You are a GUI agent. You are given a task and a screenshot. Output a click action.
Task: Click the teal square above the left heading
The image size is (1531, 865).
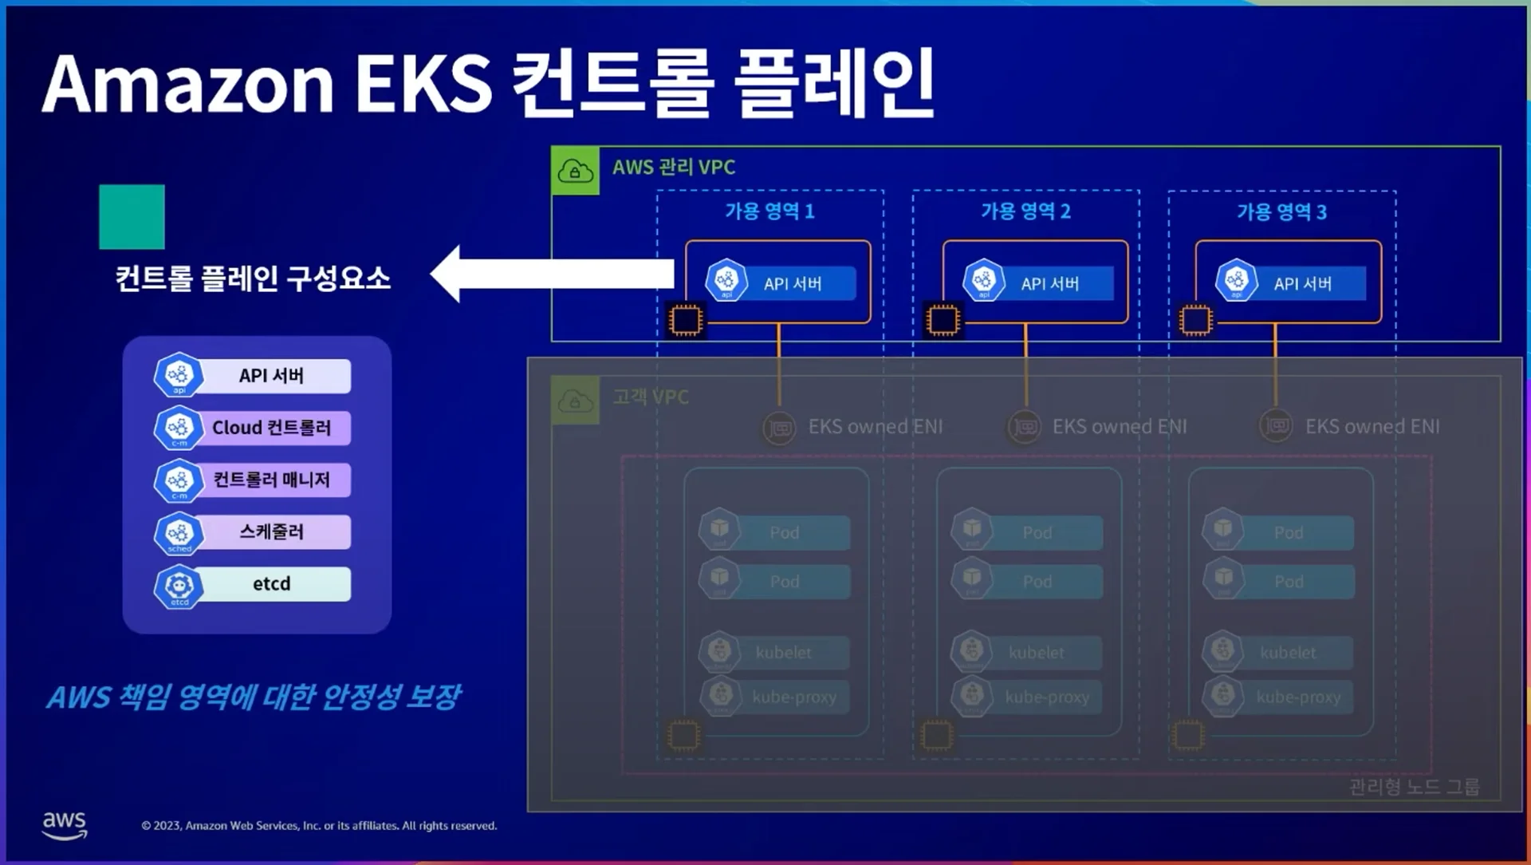(132, 217)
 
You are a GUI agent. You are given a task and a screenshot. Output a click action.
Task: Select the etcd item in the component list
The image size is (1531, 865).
(271, 584)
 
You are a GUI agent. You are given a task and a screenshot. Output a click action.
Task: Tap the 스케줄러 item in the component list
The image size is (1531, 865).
(271, 532)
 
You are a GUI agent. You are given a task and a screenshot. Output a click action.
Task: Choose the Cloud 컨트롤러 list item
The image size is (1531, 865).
(271, 428)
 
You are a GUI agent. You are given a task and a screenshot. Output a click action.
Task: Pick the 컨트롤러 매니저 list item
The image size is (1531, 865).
(271, 480)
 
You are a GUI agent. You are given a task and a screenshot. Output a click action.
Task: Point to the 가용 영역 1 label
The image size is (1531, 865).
(769, 211)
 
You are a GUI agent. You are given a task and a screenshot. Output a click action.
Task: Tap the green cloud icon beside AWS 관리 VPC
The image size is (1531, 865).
(575, 171)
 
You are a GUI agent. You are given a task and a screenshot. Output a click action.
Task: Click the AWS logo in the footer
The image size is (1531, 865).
(65, 825)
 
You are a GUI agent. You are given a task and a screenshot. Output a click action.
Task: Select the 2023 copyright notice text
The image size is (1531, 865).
(319, 826)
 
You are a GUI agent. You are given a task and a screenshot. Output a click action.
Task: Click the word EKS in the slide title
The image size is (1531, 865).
(423, 85)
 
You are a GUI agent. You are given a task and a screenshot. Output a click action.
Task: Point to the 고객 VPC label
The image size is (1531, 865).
(651, 397)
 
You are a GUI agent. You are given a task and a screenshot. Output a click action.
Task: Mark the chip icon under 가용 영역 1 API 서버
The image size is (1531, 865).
(685, 320)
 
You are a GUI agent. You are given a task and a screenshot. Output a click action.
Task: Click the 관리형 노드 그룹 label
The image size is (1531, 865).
(1414, 788)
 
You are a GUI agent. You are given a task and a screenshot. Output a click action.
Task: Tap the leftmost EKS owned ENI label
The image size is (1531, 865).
(875, 427)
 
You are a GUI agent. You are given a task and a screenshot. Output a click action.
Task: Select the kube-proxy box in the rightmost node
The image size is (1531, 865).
(1297, 697)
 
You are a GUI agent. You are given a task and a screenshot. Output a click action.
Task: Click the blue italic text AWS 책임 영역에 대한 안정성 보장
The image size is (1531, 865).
(254, 697)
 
